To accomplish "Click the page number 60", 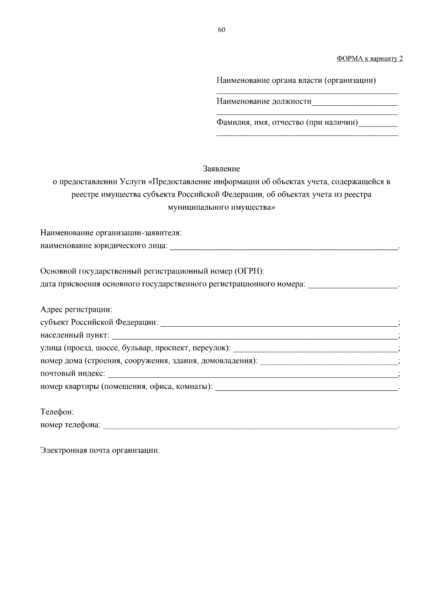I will tap(221, 30).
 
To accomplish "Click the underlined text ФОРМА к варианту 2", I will tap(369, 59).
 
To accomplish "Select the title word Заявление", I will tap(221, 169).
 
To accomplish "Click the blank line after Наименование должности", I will tap(355, 103).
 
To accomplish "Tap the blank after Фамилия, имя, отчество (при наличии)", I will tap(378, 124).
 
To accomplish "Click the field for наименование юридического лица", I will tap(284, 247).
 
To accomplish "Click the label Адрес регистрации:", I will tap(76, 309).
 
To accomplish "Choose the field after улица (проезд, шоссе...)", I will tap(315, 349).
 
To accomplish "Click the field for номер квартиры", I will tap(306, 387).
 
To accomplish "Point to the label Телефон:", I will tap(57, 412).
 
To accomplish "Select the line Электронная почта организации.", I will tap(100, 450).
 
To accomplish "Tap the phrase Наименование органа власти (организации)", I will tap(296, 81).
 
